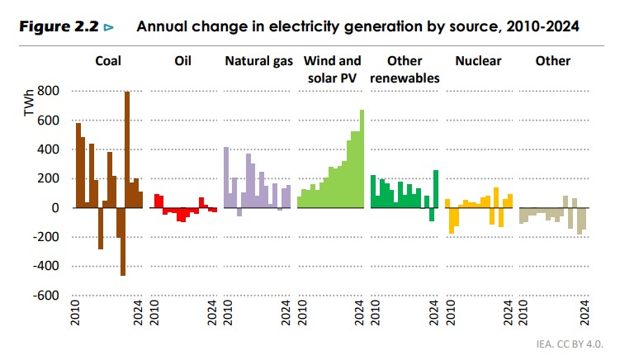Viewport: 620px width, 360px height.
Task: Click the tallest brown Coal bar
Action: tap(126, 149)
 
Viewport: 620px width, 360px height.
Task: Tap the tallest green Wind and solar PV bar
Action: tap(361, 159)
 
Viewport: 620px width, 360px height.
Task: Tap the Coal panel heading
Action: tap(110, 61)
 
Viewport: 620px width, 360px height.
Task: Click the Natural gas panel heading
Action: tap(258, 61)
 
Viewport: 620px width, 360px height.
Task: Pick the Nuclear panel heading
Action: tap(479, 61)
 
